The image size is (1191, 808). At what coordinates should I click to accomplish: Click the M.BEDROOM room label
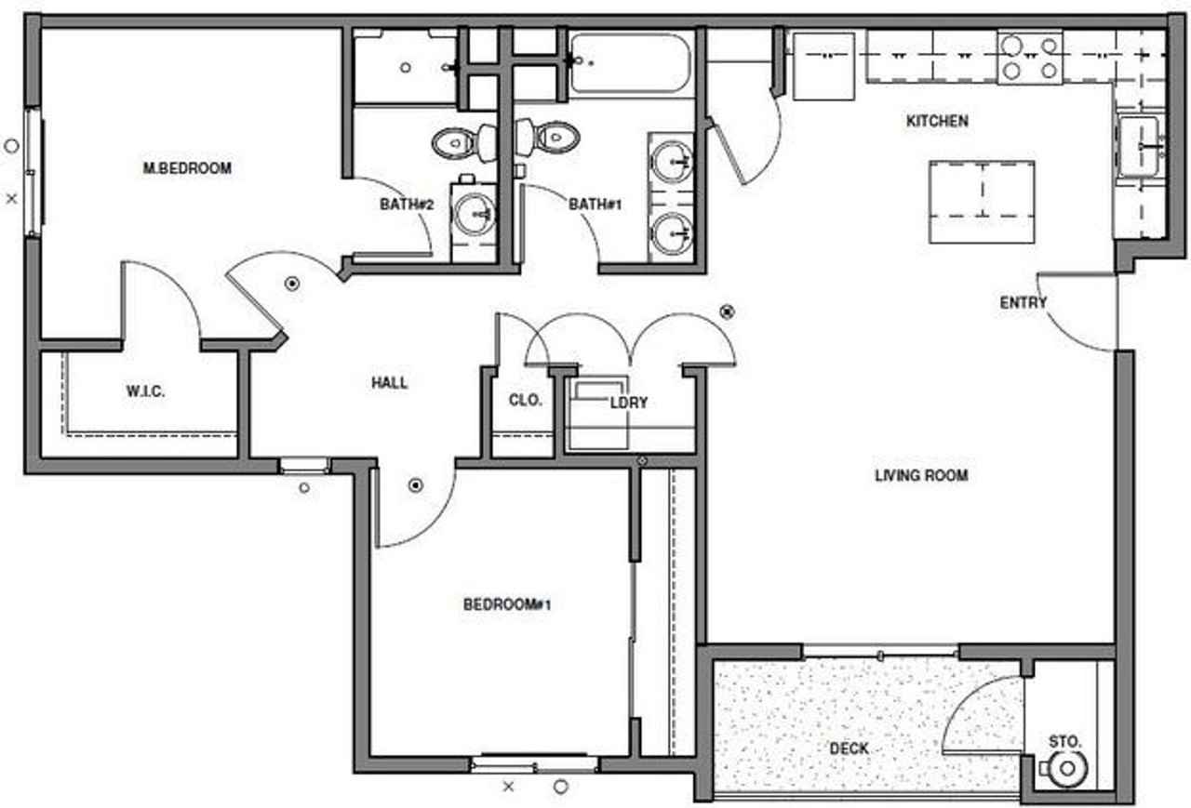(187, 168)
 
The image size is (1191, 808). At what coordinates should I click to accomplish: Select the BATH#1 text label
(595, 204)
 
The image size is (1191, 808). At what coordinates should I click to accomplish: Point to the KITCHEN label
(937, 121)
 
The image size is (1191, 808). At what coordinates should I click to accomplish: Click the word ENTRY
(1024, 302)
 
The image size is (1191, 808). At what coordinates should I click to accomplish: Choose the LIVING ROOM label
(921, 475)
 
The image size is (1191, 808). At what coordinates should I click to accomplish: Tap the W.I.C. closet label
(146, 391)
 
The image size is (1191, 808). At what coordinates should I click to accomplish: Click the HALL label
(390, 382)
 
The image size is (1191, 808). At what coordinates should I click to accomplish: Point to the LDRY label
(628, 403)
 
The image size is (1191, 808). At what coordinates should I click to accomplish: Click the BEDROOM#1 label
(508, 605)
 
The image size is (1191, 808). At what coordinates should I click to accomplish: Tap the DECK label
(849, 748)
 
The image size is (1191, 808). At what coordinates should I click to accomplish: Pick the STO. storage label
(1065, 741)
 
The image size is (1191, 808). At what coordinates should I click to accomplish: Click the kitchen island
(982, 201)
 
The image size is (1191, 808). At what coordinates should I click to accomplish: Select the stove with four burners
(1030, 57)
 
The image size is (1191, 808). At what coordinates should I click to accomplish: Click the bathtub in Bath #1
(631, 63)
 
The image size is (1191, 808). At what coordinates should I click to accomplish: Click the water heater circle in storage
(1066, 768)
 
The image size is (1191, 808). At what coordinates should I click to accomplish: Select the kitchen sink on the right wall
(1139, 146)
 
